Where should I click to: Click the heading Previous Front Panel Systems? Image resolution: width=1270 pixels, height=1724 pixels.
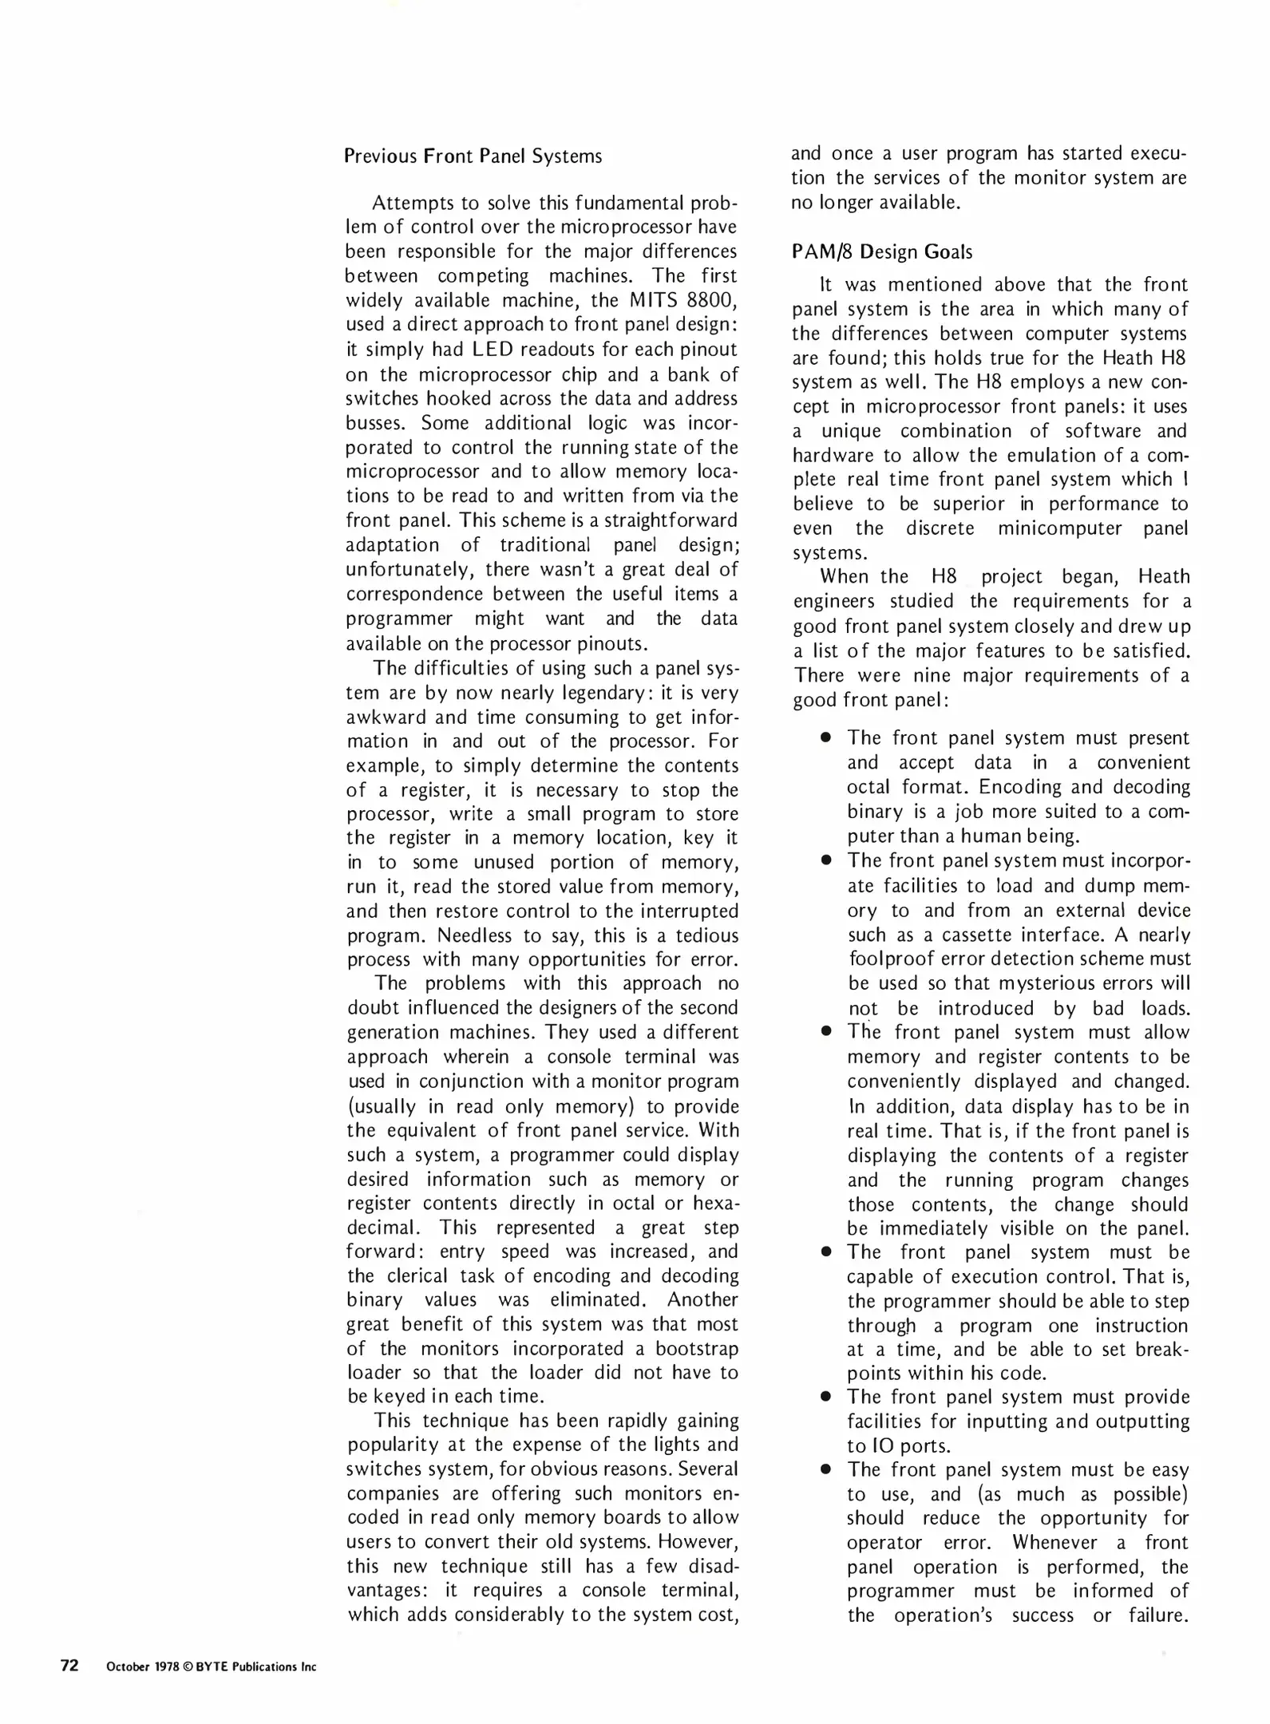coord(473,156)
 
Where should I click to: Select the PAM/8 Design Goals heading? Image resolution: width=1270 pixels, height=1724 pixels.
coord(882,252)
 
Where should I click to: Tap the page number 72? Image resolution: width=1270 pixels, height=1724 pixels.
coord(69,1665)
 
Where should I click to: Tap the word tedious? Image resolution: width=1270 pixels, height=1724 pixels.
coord(705,935)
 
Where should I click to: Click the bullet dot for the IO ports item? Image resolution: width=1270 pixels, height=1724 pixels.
coord(826,1398)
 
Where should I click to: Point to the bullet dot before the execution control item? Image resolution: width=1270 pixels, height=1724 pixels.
coord(826,1252)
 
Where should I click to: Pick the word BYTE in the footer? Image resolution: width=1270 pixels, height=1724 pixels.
coord(212,1667)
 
